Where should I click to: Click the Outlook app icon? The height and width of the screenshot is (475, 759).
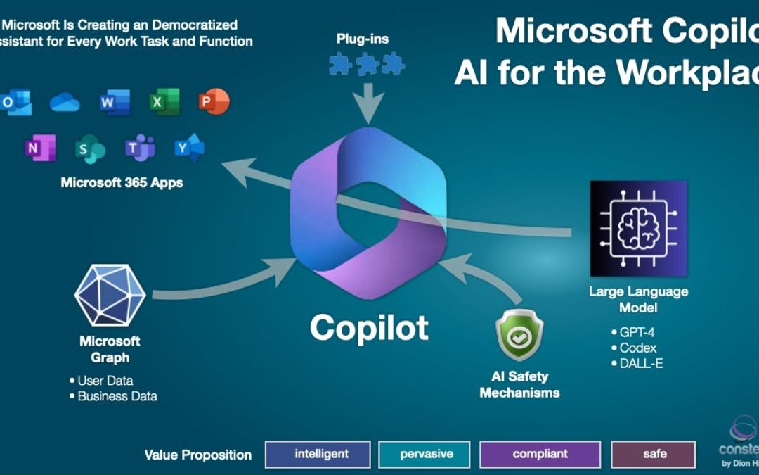pos(15,103)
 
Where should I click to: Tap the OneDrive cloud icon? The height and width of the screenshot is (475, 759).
pos(65,103)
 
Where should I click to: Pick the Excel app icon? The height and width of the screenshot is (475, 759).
pos(164,103)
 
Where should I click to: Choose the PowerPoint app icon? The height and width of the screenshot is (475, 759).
pos(214,103)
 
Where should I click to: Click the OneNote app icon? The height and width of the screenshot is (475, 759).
pos(40,148)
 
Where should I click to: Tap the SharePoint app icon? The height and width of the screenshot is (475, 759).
pos(90,148)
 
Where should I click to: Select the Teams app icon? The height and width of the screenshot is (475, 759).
pos(140,148)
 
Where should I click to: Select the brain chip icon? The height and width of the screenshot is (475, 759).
pos(638,228)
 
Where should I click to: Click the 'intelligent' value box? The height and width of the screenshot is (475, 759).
pos(318,454)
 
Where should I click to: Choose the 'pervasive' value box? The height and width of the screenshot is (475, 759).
pos(427,454)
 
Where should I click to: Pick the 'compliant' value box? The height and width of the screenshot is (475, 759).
pos(540,454)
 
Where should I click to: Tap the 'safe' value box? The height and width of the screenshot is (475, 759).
pos(653,454)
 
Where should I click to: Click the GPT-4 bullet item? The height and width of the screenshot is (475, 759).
pos(637,332)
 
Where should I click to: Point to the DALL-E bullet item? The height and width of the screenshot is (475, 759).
pos(640,363)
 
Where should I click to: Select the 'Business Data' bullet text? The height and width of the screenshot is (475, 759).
pos(117,396)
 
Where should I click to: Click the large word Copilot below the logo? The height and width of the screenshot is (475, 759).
pos(369,327)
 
